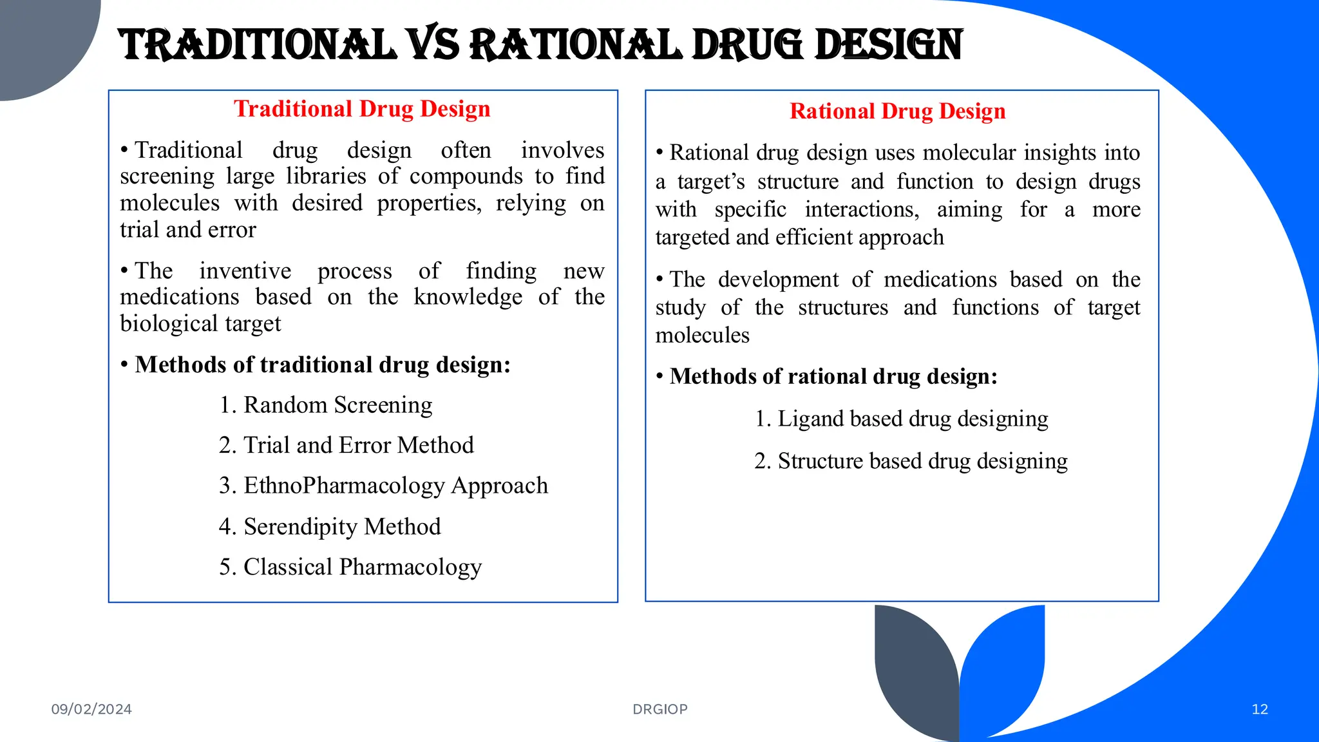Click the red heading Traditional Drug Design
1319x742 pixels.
pyautogui.click(x=361, y=109)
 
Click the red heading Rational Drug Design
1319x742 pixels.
pyautogui.click(x=897, y=111)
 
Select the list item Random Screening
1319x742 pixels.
pyautogui.click(x=325, y=405)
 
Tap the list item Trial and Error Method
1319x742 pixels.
pyautogui.click(x=346, y=445)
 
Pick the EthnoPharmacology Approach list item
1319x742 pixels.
pyautogui.click(x=383, y=486)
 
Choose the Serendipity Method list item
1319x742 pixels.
pyautogui.click(x=330, y=527)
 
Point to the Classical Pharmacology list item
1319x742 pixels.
pyautogui.click(x=350, y=567)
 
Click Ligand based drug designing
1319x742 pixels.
pyautogui.click(x=902, y=419)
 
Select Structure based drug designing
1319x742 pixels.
pyautogui.click(x=911, y=461)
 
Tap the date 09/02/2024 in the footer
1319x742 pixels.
pyautogui.click(x=91, y=709)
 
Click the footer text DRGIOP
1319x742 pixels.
pyautogui.click(x=660, y=709)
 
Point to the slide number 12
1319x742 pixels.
pyautogui.click(x=1260, y=709)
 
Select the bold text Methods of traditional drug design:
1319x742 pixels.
pyautogui.click(x=323, y=365)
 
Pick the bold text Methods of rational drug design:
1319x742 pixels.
pyautogui.click(x=833, y=376)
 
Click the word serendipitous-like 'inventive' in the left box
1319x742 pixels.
pyautogui.click(x=245, y=271)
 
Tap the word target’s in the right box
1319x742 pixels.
pyautogui.click(x=711, y=182)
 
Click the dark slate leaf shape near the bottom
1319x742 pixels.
pyautogui.click(x=915, y=670)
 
